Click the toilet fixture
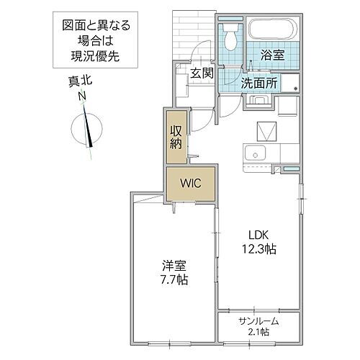230,34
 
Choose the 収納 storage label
176,136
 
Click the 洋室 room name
173,265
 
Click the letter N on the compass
83,96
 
